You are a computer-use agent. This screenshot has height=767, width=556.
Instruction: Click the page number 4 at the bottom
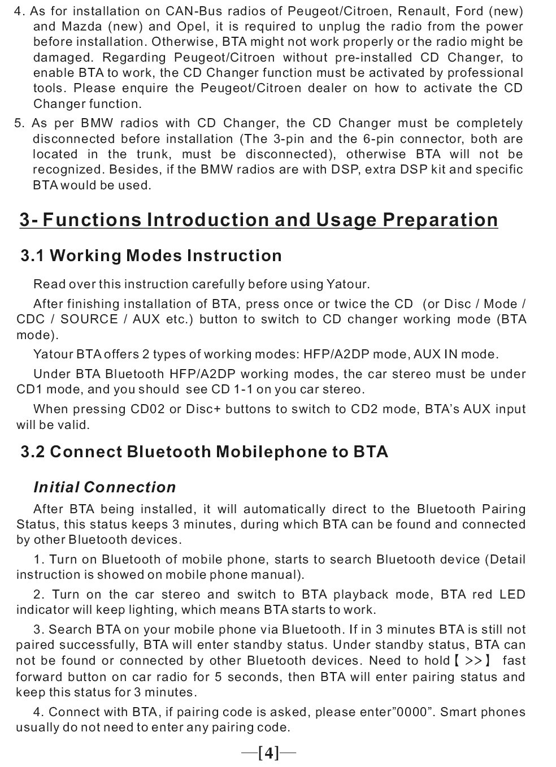(x=268, y=753)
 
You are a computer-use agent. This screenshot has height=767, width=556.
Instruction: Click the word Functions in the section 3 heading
(x=92, y=220)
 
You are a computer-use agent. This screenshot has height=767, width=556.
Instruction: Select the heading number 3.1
(x=33, y=256)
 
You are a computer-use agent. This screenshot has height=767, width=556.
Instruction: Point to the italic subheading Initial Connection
(x=105, y=487)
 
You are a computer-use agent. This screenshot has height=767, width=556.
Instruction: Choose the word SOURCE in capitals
(x=89, y=319)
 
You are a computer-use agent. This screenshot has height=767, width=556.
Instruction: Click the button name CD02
(x=147, y=409)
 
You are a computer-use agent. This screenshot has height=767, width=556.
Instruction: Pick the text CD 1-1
(x=232, y=389)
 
